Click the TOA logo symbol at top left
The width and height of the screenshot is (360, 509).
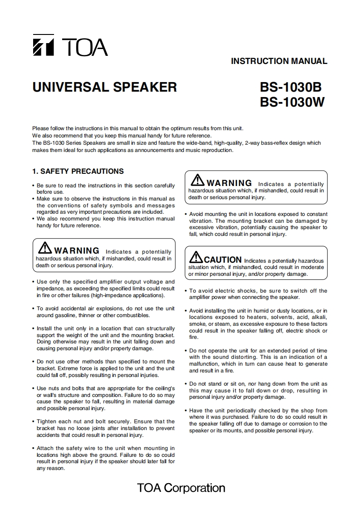(x=43, y=45)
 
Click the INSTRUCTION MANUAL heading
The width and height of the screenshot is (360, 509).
(x=279, y=61)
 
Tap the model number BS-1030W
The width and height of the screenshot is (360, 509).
(x=292, y=103)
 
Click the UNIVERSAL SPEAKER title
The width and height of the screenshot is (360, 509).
(x=104, y=87)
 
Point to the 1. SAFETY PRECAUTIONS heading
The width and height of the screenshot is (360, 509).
(x=78, y=171)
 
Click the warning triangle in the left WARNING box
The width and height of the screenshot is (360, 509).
(x=45, y=248)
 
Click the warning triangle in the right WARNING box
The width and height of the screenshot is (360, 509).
(x=198, y=181)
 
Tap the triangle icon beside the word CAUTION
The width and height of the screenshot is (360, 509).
(x=196, y=257)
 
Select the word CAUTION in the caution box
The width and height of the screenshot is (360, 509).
(x=223, y=260)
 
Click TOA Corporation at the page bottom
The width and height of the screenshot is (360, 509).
(x=181, y=488)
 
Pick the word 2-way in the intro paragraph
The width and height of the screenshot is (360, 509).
(x=252, y=143)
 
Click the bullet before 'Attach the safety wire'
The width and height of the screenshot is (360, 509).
(x=33, y=449)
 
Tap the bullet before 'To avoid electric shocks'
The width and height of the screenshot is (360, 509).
(x=186, y=291)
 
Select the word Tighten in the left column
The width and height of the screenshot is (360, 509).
(x=47, y=421)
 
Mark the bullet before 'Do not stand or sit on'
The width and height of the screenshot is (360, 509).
(x=186, y=384)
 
